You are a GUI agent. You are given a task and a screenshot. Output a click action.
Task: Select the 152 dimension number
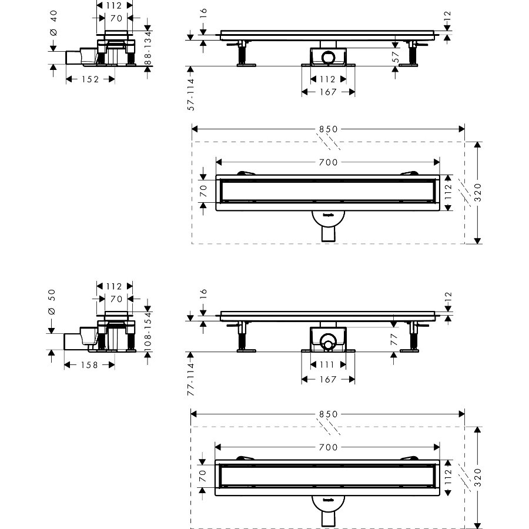[89, 79]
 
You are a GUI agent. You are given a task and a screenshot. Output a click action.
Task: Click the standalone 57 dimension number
[395, 56]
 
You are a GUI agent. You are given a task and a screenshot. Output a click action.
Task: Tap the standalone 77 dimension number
[395, 339]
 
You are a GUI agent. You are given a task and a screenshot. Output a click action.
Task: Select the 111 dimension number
[328, 364]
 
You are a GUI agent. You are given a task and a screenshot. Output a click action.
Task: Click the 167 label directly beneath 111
[328, 379]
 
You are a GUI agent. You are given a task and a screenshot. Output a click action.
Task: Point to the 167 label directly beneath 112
[328, 92]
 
